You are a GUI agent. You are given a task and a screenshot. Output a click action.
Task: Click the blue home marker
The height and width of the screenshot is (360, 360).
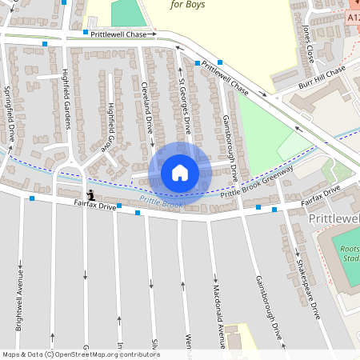(179, 172)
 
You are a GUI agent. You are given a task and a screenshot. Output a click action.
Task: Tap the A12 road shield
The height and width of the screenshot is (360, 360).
(353, 16)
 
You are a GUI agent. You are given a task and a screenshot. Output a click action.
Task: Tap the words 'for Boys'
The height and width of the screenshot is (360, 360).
(187, 4)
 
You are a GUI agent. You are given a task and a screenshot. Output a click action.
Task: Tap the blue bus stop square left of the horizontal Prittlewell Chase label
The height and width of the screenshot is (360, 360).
(86, 33)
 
